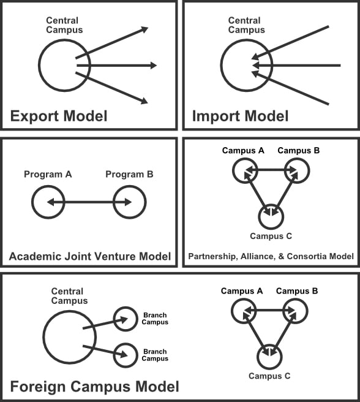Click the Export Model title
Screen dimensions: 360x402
pos(59,116)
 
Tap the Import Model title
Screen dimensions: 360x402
pos(241,116)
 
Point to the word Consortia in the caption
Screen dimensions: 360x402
pos(307,256)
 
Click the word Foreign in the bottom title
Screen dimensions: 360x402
pos(38,387)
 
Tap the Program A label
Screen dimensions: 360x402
pos(48,174)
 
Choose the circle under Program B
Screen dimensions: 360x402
pos(130,202)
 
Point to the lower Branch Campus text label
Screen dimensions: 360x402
pos(155,355)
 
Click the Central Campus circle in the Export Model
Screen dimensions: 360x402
pos(39,65)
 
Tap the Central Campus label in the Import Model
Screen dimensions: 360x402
pos(247,25)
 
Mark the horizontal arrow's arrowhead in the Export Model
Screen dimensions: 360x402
pos(154,66)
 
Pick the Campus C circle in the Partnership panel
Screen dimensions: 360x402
pos(258,217)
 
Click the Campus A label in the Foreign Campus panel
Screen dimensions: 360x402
pos(242,291)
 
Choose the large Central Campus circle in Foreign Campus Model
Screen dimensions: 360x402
pos(43,337)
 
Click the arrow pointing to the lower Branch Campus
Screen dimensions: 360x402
pos(105,351)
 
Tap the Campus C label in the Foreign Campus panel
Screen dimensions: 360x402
pos(269,376)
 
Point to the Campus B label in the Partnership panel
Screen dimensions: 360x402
pos(299,150)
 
